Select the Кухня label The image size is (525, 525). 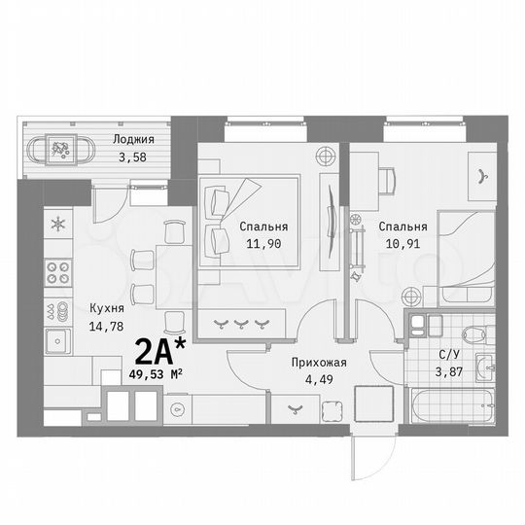pos(104,303)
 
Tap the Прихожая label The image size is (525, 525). pos(319,363)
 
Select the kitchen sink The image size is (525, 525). pos(57,340)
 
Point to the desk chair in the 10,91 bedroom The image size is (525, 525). pos(387,178)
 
